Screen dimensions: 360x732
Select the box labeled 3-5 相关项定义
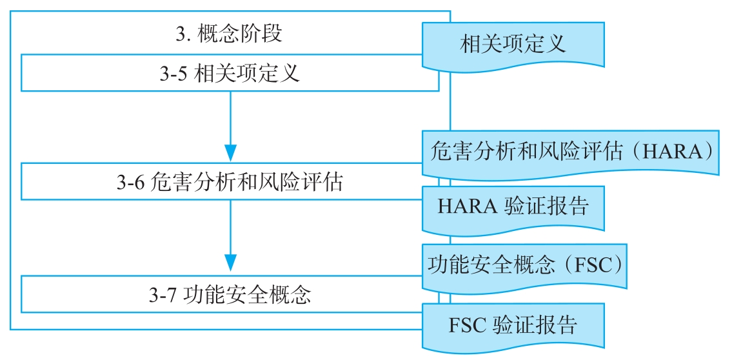click(230, 74)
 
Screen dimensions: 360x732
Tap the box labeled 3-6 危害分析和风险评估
click(230, 183)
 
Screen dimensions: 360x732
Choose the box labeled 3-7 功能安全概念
click(230, 295)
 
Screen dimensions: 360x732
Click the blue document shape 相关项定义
click(513, 44)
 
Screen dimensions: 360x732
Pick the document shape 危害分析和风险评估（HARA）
click(570, 152)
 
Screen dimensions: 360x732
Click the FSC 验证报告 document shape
click(513, 325)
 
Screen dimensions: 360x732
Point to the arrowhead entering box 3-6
click(230, 154)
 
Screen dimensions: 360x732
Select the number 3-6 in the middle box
click(131, 183)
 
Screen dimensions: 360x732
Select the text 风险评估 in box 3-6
click(308, 183)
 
